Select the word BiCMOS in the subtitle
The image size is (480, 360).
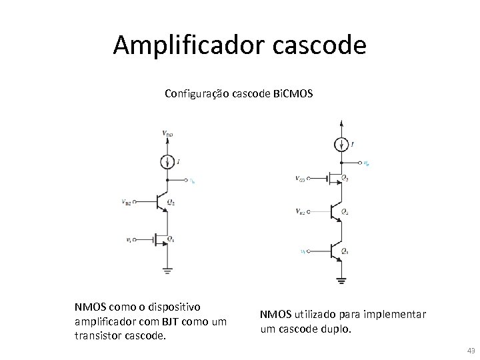pos(293,94)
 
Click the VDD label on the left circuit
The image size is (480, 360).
pos(167,133)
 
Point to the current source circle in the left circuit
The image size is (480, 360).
pos(167,161)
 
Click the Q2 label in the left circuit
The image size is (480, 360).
pos(171,203)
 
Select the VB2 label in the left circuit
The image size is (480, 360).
pos(127,202)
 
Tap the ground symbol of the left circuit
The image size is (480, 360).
pos(167,270)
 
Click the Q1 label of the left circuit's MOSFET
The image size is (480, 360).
pos(171,239)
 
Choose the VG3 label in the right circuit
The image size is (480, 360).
pos(301,179)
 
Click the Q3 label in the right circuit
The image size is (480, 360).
pos(344,179)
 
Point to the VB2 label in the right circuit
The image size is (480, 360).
pos(301,212)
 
